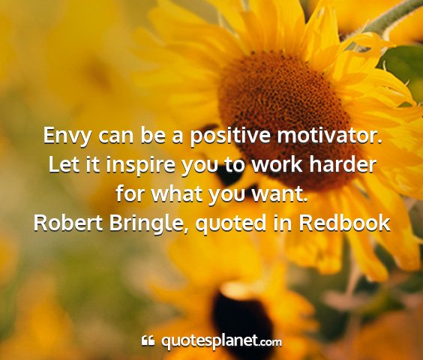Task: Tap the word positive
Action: [x=230, y=136]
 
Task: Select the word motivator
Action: [x=330, y=136]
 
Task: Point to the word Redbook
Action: [x=344, y=223]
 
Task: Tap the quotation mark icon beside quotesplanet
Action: [x=148, y=340]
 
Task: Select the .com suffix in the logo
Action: [x=271, y=343]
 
